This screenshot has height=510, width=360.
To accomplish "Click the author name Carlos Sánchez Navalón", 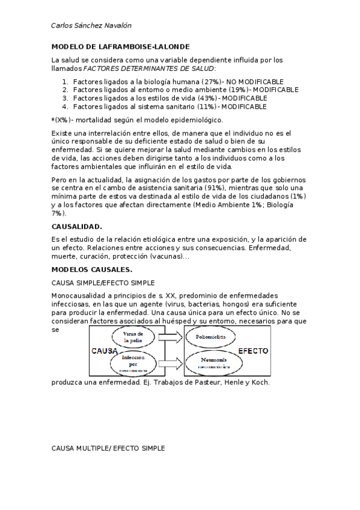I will pos(91,26).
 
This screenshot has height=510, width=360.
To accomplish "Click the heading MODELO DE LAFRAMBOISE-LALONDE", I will pos(120,46).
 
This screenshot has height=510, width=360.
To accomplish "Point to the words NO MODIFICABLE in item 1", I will pos(255,82).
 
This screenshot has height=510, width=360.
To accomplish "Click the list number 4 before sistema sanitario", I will pos(65,106).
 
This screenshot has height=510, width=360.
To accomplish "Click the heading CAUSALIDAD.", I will pos(77,227).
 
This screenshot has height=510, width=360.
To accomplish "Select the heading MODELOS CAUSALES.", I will pos(92,269).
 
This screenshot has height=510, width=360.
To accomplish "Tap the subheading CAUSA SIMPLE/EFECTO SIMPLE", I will pos(103,282).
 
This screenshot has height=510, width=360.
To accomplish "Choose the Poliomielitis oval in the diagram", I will pos(208,337).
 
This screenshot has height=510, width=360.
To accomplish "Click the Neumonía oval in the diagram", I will pos(207,361).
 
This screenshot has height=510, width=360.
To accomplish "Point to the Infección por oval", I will pos(132,361).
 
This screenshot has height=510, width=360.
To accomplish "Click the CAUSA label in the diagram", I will pos(103,351).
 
